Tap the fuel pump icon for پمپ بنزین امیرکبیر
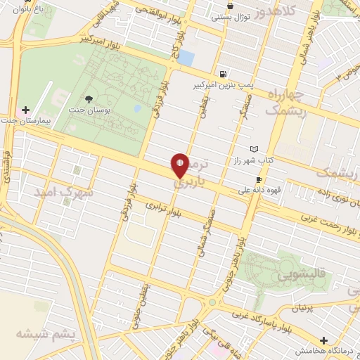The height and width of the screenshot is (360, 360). [223, 75]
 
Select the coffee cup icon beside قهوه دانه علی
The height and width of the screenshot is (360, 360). [259, 180]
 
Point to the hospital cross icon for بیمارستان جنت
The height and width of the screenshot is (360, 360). [26, 110]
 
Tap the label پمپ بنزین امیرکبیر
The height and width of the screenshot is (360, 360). [223, 84]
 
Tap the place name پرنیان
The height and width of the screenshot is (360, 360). [302, 308]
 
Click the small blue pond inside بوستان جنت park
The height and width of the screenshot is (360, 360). [137, 109]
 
